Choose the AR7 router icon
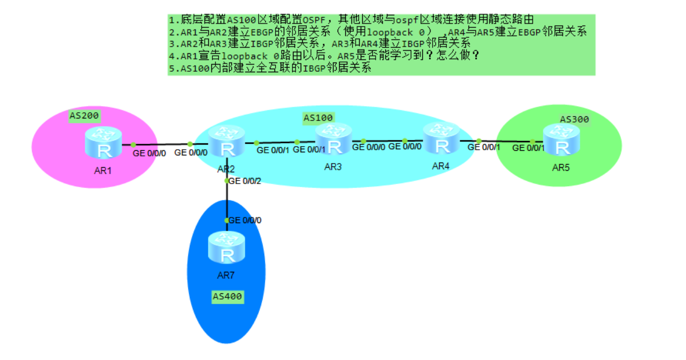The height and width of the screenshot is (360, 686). coord(226,248)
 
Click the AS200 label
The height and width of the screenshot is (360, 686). coord(84,115)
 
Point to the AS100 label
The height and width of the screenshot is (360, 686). coord(318,118)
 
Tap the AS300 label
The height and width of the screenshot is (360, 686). coord(574,119)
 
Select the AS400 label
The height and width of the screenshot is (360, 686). coord(227,296)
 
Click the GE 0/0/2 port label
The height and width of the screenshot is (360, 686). coord(245,181)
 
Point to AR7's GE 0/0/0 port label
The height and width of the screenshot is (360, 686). coord(245,220)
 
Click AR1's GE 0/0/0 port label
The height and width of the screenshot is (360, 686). coord(149,152)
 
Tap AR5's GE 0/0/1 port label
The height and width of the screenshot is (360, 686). coord(528,148)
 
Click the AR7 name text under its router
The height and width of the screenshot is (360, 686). coord(226,275)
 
